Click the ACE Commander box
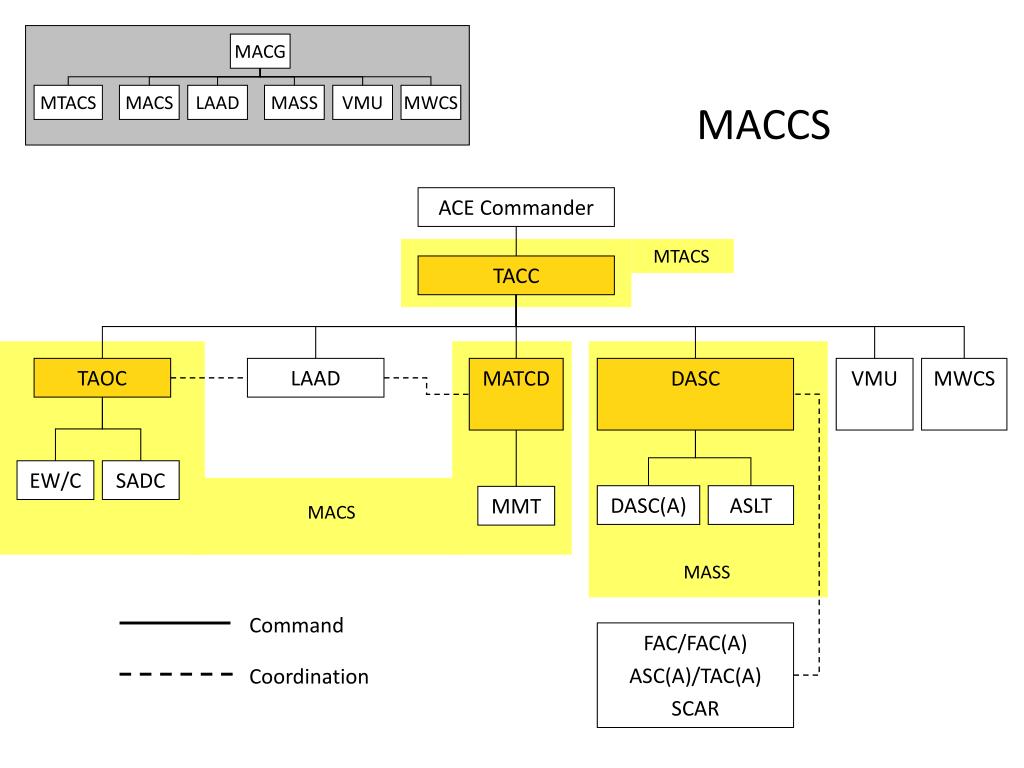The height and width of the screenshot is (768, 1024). pyautogui.click(x=516, y=207)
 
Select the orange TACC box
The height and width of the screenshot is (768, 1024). pyautogui.click(x=516, y=276)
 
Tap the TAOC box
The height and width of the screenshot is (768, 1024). pyautogui.click(x=102, y=377)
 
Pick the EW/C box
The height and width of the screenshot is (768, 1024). pyautogui.click(x=56, y=480)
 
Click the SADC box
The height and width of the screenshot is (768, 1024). pyautogui.click(x=140, y=480)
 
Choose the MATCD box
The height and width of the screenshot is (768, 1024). pyautogui.click(x=516, y=394)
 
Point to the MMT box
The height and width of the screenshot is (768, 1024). pyautogui.click(x=516, y=505)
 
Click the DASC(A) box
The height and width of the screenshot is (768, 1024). pyautogui.click(x=648, y=505)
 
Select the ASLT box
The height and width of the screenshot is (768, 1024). pyautogui.click(x=751, y=505)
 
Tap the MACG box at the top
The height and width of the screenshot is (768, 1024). pyautogui.click(x=260, y=51)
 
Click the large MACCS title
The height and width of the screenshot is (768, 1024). pyautogui.click(x=763, y=124)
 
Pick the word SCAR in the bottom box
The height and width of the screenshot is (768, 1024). pyautogui.click(x=695, y=709)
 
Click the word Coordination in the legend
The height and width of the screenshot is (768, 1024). pyautogui.click(x=309, y=677)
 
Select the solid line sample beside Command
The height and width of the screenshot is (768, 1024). pyautogui.click(x=175, y=624)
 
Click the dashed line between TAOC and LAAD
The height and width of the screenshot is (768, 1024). pyautogui.click(x=209, y=377)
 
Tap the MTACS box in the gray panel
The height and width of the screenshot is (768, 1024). pyautogui.click(x=68, y=103)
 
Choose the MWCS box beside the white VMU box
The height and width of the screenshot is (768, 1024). pyautogui.click(x=964, y=394)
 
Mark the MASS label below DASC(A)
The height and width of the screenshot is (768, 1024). pyautogui.click(x=707, y=572)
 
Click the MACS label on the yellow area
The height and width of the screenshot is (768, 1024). pyautogui.click(x=331, y=512)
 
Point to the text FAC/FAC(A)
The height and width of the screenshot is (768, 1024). pyautogui.click(x=695, y=643)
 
